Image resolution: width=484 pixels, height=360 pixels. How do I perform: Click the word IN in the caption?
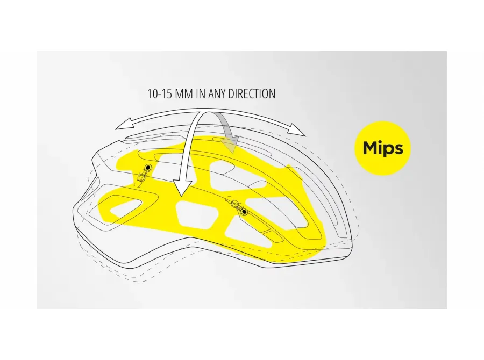201,94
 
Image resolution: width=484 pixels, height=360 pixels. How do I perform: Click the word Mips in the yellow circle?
383,148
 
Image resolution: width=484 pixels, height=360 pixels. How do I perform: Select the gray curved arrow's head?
232,145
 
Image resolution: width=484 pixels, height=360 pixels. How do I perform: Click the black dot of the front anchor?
148,168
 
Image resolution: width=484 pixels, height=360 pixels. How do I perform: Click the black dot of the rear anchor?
244,212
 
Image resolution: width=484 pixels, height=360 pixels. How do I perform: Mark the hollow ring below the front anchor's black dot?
142,178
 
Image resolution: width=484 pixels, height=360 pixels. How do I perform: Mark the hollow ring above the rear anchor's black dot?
235,204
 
